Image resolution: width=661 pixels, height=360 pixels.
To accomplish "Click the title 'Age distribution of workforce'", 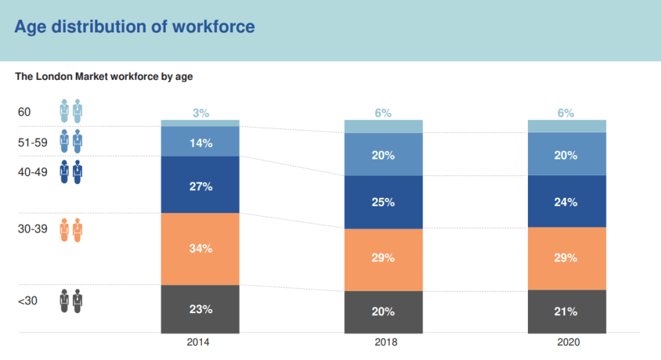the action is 134,27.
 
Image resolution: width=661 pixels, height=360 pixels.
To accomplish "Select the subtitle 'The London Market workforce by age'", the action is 103,77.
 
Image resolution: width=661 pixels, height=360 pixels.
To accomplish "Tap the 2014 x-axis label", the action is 198,342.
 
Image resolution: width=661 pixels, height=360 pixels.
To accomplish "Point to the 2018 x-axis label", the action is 386,342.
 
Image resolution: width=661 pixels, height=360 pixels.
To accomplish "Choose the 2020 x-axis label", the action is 568,342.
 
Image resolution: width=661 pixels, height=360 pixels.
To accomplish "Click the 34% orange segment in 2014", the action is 201,249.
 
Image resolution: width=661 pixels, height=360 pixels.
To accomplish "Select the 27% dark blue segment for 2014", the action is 201,185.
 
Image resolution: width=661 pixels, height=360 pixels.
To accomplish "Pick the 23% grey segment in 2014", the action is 201,310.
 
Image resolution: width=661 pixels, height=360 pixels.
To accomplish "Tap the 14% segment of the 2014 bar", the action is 201,141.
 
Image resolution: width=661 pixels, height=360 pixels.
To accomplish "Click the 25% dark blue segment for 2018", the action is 384,202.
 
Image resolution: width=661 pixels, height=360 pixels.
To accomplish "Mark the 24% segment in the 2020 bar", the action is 567,201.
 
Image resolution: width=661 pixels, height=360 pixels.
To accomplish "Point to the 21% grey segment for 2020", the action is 567,312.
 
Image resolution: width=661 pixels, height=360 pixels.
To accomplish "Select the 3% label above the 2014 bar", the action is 201,113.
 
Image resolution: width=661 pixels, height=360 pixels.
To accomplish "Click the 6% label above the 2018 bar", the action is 383,113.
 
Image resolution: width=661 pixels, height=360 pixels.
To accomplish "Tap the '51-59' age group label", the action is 32,143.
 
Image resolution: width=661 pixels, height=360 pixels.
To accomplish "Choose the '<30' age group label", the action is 28,301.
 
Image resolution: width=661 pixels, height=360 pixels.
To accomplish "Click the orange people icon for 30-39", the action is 71,230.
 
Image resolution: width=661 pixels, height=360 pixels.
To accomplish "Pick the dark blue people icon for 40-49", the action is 71,172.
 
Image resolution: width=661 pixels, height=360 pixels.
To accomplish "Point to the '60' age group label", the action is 24,112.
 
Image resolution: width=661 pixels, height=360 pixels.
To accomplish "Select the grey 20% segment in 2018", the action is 384,312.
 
